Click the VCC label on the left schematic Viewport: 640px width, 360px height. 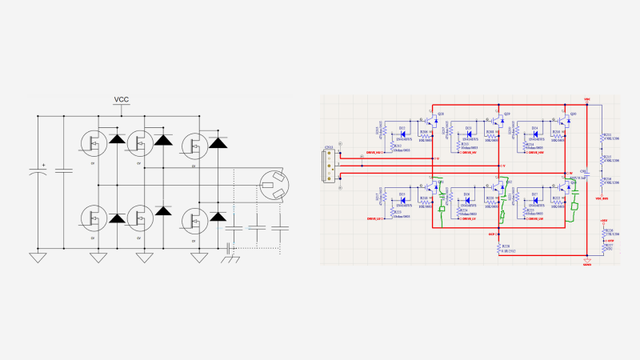click(x=121, y=99)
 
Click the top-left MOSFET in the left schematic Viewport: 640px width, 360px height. click(x=94, y=143)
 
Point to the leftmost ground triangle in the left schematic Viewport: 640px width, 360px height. click(x=36, y=258)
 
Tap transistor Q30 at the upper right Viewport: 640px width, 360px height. click(x=565, y=120)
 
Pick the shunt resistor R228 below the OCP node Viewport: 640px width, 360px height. click(x=499, y=247)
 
